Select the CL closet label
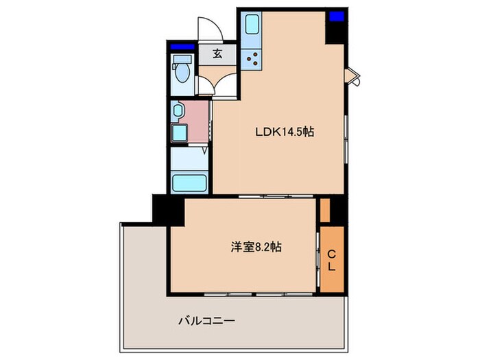(331, 259)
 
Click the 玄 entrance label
(217, 53)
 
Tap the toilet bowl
(182, 73)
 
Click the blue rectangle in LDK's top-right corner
(335, 16)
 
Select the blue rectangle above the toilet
(182, 47)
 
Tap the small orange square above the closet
(325, 211)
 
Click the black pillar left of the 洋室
(168, 209)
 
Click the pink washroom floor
(199, 121)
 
